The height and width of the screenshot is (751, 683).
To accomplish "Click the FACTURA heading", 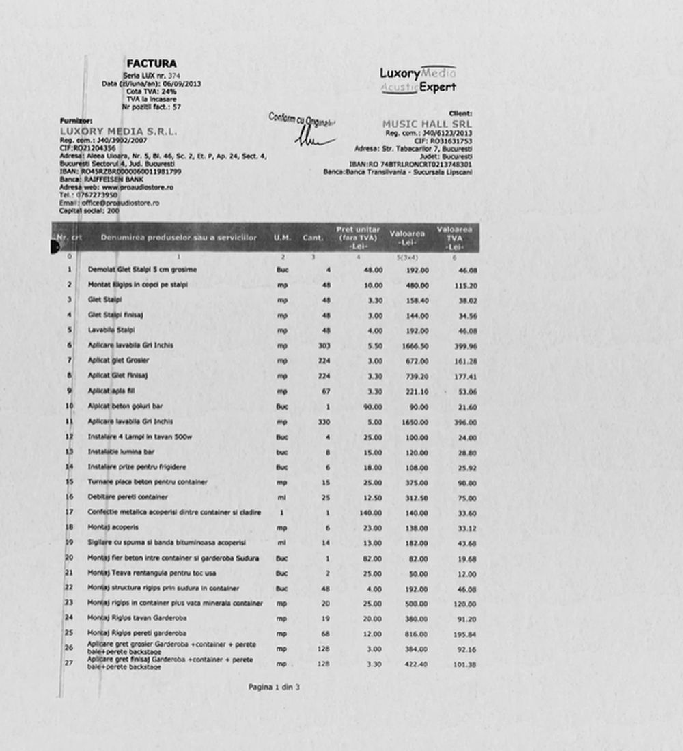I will click(151, 63).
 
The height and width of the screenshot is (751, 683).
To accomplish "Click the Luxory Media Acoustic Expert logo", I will click(418, 80).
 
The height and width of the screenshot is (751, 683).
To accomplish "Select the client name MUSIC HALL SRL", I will click(427, 124).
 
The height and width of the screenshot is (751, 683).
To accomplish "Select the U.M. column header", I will click(282, 238).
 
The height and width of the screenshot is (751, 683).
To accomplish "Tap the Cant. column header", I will click(313, 238).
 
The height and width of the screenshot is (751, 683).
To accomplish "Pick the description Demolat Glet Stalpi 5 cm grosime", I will click(142, 270).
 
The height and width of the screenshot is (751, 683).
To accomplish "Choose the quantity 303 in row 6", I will click(324, 345).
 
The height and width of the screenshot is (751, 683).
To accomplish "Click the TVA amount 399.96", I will click(464, 345).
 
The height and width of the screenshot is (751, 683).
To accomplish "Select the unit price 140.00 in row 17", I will click(369, 513).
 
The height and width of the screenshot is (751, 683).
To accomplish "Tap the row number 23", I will click(69, 603).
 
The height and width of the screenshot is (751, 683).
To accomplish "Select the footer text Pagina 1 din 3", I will click(274, 687).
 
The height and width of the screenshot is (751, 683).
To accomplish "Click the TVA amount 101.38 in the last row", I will click(464, 664).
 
